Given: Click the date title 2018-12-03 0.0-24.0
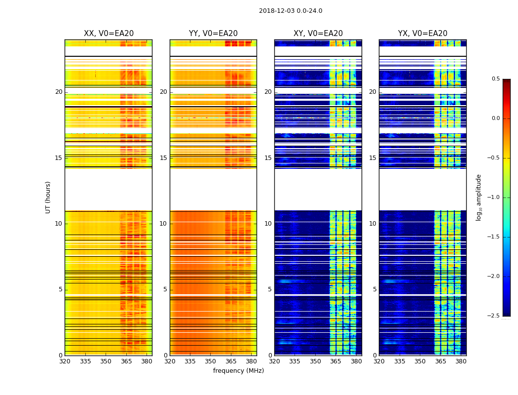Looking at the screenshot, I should pos(291,11).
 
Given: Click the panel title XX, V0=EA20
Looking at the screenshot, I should pos(109,34).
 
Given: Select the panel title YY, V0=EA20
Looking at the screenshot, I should pos(213,34).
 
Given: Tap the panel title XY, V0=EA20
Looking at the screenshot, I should pos(318,34).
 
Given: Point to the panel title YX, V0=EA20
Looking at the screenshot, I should pos(423,34).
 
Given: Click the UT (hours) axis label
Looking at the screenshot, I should pos(48,197).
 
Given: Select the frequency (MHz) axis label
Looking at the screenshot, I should pos(238,371).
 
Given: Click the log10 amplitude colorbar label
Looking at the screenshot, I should pos(479,197).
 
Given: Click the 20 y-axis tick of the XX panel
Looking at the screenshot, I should pos(59,92).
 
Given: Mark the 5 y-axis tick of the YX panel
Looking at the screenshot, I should pos(374,289).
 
